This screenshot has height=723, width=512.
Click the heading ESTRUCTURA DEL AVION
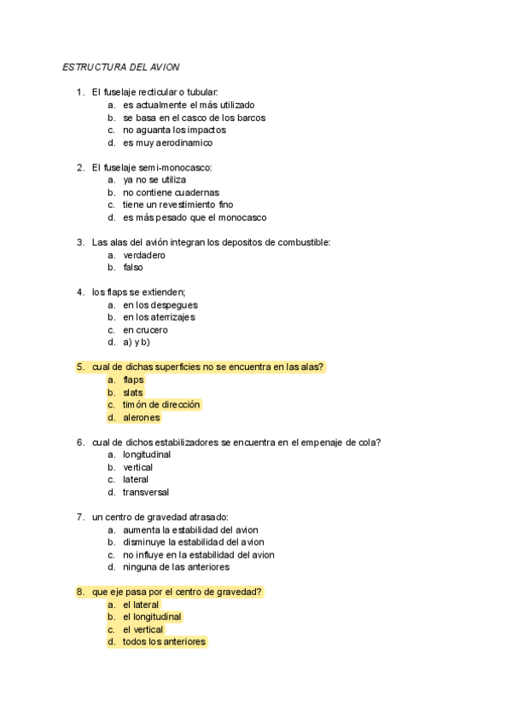(120, 67)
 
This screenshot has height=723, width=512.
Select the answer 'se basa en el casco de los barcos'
(194, 118)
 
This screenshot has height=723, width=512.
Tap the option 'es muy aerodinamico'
(167, 142)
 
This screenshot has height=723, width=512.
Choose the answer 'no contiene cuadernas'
(171, 193)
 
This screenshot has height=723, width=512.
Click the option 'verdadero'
(143, 255)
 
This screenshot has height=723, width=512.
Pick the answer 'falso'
(133, 267)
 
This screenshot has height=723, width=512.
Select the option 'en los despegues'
(160, 304)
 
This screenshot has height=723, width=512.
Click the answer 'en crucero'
(145, 330)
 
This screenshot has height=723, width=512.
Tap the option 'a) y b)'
(137, 342)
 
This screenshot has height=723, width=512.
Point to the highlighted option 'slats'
(133, 392)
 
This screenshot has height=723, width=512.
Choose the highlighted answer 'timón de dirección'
(161, 405)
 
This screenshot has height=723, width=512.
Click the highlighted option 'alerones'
(142, 418)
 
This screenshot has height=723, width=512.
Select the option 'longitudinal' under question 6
(147, 454)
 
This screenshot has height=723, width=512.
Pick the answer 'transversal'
(146, 492)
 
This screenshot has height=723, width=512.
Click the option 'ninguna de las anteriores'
(176, 567)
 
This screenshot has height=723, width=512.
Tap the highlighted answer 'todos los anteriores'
(164, 642)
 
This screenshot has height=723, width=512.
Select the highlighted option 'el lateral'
(141, 604)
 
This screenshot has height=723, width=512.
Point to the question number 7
(79, 517)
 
